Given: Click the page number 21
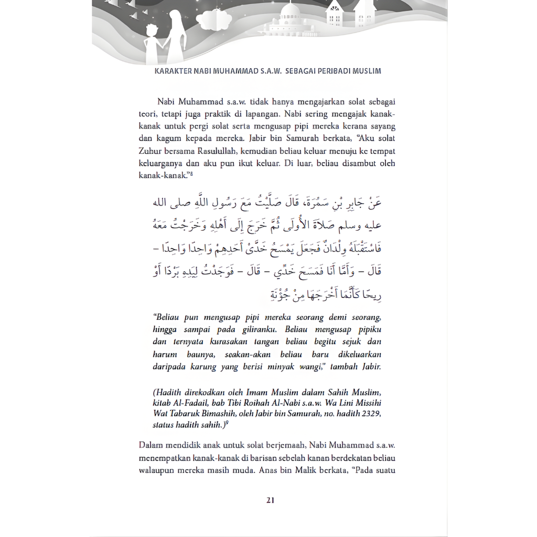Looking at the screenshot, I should point(270,500).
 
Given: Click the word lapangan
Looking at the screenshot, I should point(275,114).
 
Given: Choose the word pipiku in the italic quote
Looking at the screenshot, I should point(369,329).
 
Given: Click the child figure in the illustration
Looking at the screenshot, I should point(152,41).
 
